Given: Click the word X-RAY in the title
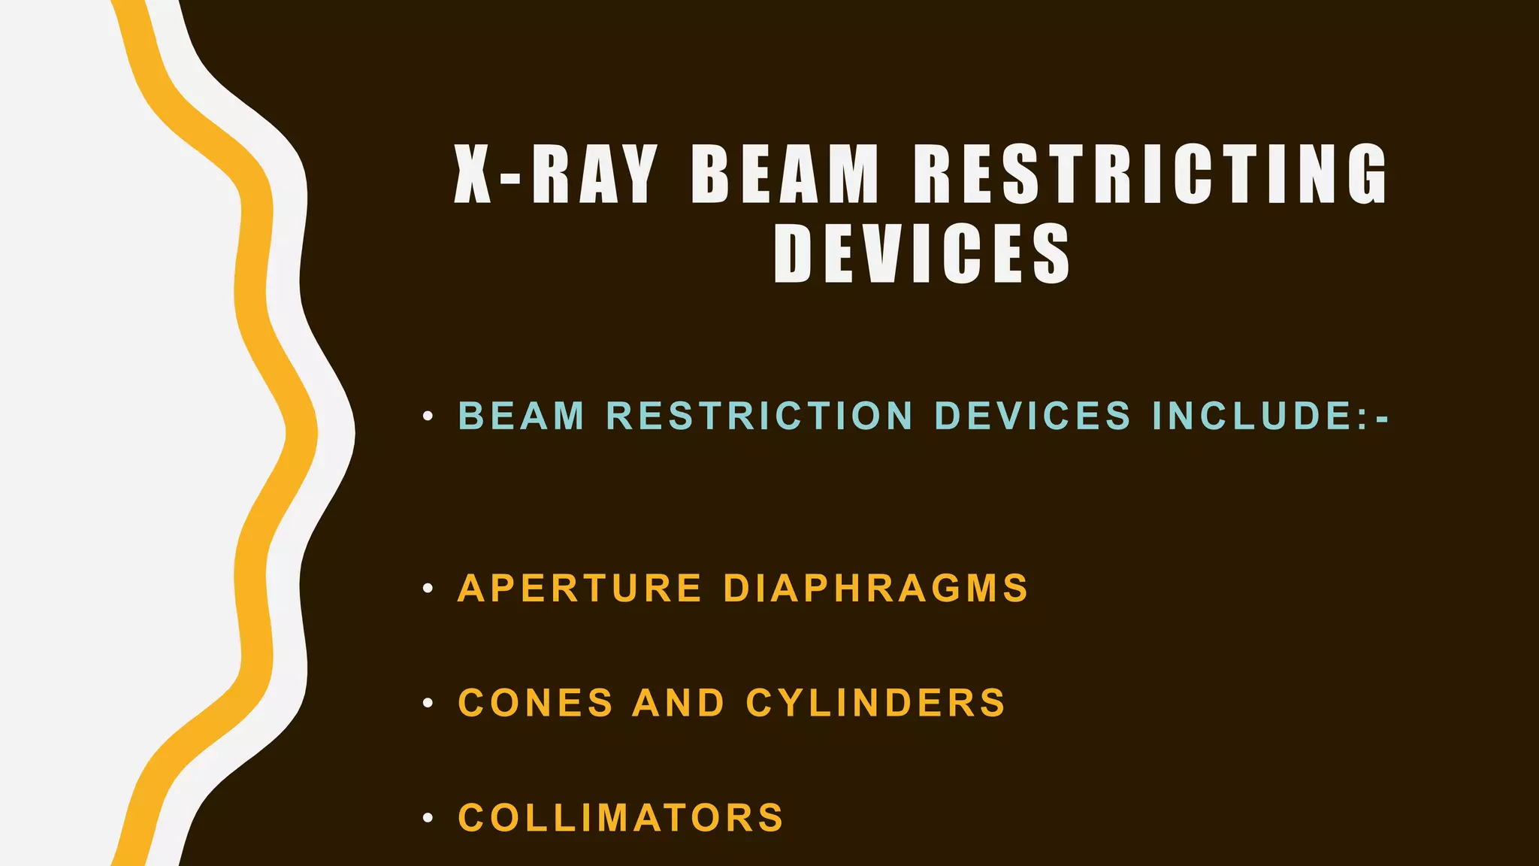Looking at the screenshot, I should click(x=555, y=174).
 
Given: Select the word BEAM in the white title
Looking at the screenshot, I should click(x=785, y=174).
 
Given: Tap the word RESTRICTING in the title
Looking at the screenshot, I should click(x=1150, y=174).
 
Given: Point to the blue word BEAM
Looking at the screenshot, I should click(x=522, y=416).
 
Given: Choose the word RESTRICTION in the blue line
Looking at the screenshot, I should click(x=760, y=416).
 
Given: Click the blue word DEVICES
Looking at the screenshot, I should click(x=1033, y=416).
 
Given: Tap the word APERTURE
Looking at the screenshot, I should click(x=579, y=588).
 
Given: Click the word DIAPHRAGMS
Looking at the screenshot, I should click(x=875, y=588).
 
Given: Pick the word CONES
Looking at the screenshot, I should click(x=536, y=704).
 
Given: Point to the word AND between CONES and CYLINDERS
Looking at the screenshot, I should click(x=679, y=704).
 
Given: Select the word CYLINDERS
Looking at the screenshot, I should click(x=875, y=704).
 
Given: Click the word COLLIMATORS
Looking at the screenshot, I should click(x=621, y=818).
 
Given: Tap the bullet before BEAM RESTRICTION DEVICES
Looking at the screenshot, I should click(x=428, y=416).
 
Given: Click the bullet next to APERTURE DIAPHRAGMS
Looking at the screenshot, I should click(x=428, y=589).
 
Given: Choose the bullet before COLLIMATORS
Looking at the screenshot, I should click(x=428, y=819).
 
